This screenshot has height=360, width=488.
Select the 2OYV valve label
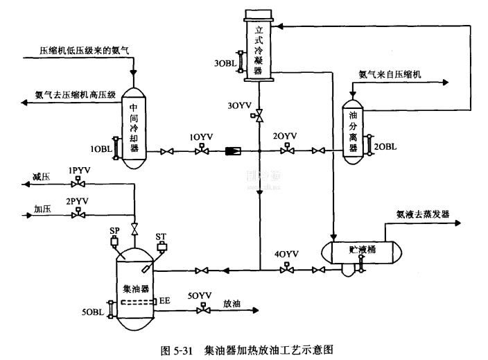(284, 136)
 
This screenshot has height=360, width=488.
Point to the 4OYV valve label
(286, 254)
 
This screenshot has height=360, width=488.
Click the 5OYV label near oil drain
(200, 295)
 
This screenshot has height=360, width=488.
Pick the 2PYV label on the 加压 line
(78, 200)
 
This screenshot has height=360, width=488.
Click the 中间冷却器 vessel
(134, 128)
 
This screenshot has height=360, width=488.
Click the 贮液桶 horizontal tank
(363, 252)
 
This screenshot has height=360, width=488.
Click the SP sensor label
(115, 230)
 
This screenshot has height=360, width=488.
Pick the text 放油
(232, 302)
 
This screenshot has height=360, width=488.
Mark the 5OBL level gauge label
(93, 313)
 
